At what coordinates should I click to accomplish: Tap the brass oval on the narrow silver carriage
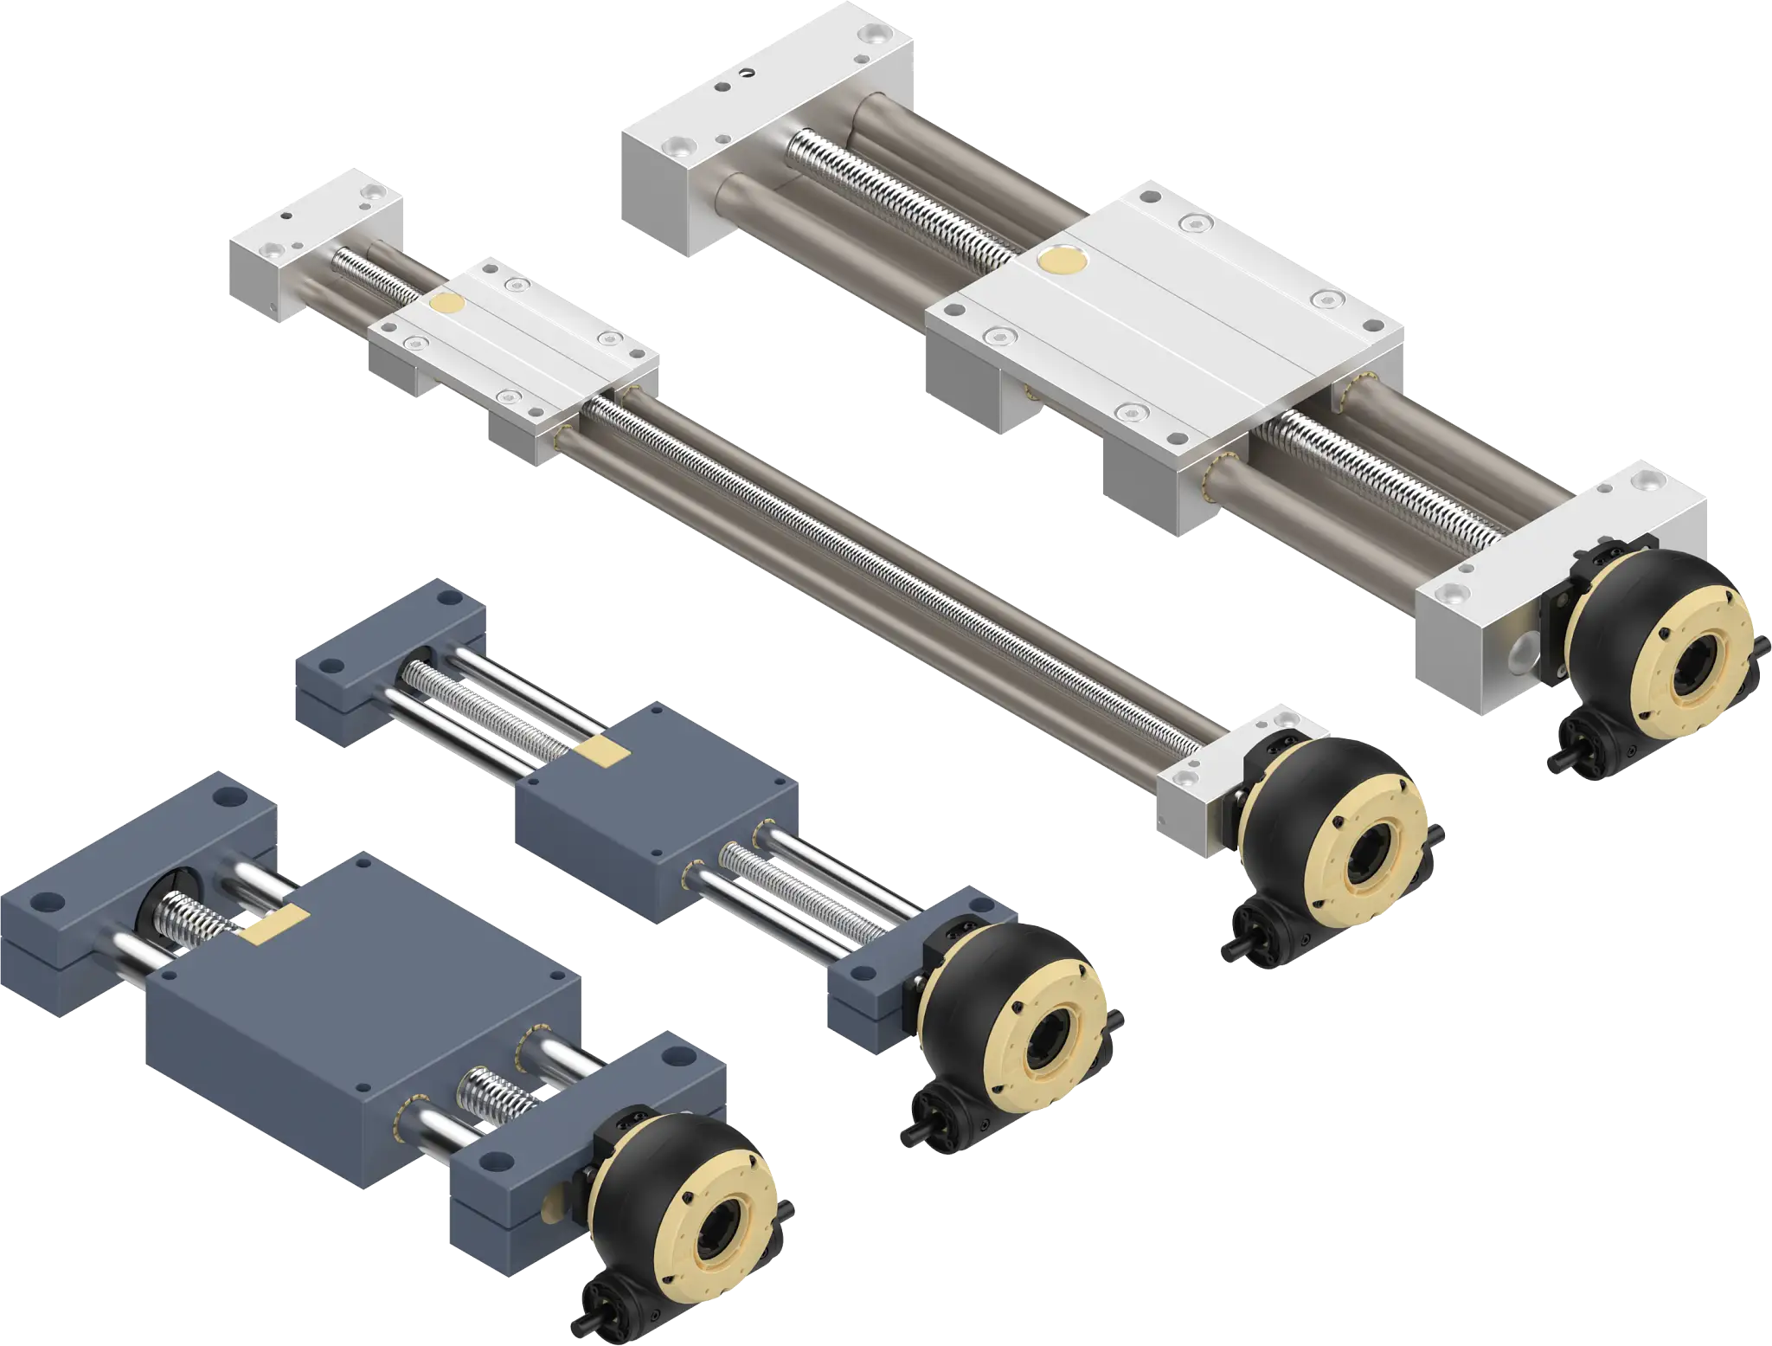coord(447,302)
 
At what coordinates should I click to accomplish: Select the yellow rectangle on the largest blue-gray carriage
coord(275,924)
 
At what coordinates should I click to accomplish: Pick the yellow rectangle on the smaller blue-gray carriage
coord(602,750)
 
